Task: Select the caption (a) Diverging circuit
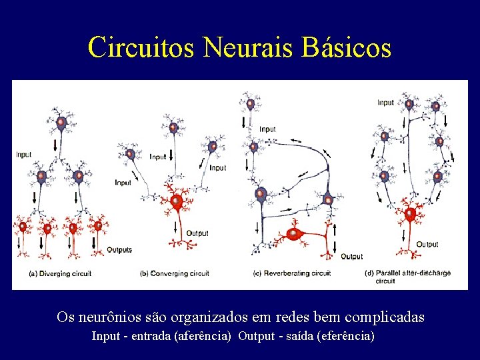[x=61, y=273]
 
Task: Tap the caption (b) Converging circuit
[x=175, y=273]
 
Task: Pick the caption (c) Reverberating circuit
[x=292, y=273]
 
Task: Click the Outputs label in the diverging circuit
[x=119, y=250]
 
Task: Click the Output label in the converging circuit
[x=197, y=233]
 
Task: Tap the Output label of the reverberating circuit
[x=352, y=257]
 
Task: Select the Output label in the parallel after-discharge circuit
[x=428, y=245]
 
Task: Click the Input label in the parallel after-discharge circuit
[x=386, y=103]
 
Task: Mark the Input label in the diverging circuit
[x=23, y=155]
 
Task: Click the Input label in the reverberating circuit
[x=267, y=129]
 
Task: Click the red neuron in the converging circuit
[x=177, y=201]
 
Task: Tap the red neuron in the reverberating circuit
[x=294, y=234]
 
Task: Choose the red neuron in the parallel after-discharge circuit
[x=409, y=215]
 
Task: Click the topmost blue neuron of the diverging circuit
[x=60, y=123]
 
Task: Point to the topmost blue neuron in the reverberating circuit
[x=251, y=104]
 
